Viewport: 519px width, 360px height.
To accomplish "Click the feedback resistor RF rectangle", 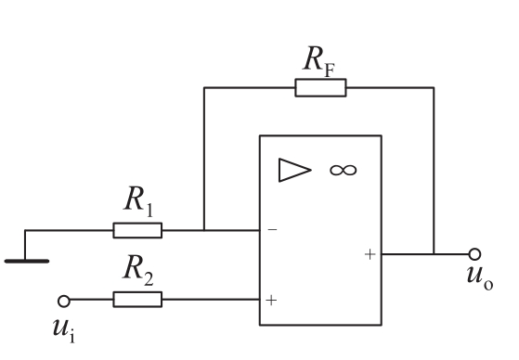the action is point(320,88).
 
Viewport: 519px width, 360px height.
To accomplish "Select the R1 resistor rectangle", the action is point(137,230).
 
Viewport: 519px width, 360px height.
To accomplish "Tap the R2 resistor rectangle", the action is point(137,300).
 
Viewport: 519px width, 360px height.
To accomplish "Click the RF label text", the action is point(318,60).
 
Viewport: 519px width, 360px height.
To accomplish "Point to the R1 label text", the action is point(138,200).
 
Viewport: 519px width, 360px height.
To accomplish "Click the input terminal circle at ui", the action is point(64,302).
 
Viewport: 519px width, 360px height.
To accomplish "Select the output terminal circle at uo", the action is point(474,254).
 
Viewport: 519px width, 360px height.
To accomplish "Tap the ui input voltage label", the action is point(64,331).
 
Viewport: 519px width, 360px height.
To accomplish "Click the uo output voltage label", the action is point(480,278).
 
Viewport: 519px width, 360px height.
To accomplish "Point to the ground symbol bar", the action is point(27,262).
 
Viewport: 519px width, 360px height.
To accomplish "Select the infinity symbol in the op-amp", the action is point(344,171).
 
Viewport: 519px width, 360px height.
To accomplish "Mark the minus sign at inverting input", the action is point(272,229).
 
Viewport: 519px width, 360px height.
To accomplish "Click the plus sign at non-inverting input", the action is point(271,300).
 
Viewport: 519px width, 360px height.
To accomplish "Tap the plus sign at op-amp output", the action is point(370,254).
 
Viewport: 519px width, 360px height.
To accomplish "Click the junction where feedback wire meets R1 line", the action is point(204,230).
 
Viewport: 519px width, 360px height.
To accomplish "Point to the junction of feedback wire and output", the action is point(434,254).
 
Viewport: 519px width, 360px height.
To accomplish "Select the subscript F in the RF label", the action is point(330,71).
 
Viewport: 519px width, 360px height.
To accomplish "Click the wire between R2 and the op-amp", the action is point(211,300).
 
